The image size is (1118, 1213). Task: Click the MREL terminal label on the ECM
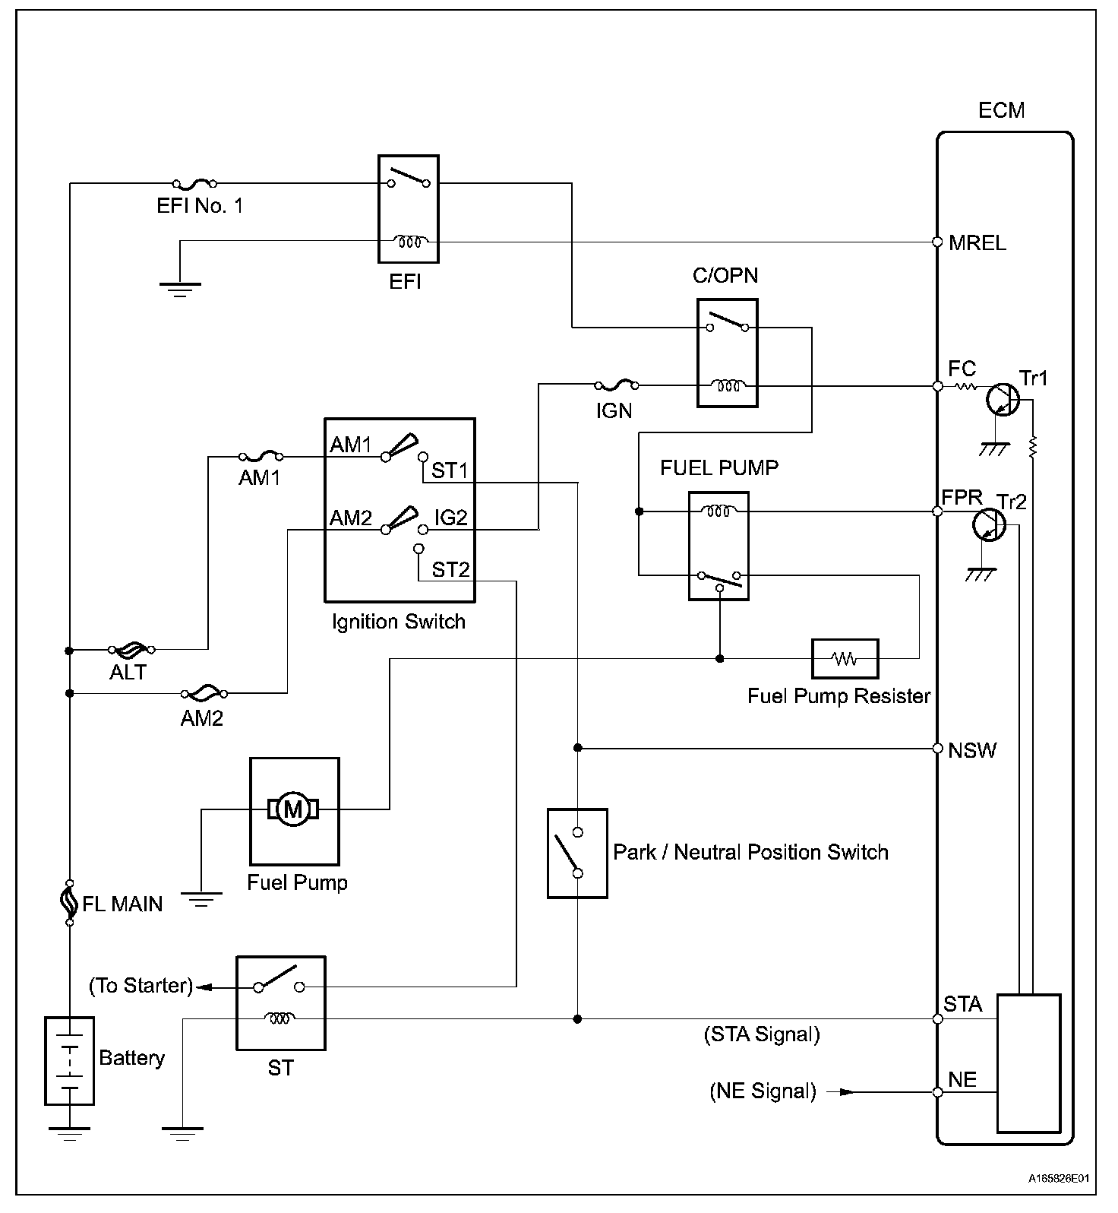[977, 243]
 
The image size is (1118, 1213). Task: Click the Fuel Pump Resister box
[845, 658]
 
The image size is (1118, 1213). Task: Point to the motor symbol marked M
[293, 809]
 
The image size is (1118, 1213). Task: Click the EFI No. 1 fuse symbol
[194, 183]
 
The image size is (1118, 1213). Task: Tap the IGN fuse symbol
[615, 385]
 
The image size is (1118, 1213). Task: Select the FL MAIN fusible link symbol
[70, 903]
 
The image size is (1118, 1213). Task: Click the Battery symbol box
[69, 1060]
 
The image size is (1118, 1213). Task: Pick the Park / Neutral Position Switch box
[577, 853]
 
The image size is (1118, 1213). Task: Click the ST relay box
[280, 1002]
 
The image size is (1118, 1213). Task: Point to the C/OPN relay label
[725, 275]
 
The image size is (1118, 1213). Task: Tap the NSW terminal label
[972, 750]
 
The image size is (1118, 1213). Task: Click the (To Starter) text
[141, 986]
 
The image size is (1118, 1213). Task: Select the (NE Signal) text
[763, 1091]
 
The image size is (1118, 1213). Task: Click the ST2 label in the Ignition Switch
[450, 569]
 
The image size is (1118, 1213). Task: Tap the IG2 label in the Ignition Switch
[450, 518]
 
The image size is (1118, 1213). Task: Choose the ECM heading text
[1001, 111]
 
